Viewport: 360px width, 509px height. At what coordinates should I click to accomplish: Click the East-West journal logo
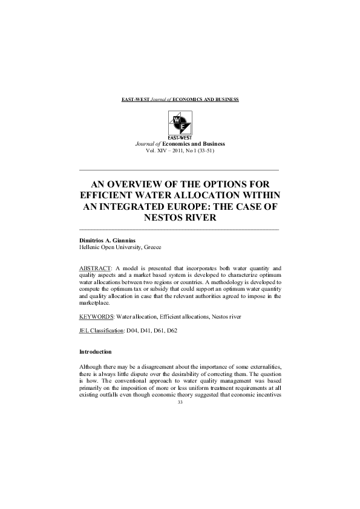pyautogui.click(x=179, y=124)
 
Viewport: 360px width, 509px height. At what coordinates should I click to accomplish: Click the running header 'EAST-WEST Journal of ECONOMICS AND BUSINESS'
pyautogui.click(x=179, y=98)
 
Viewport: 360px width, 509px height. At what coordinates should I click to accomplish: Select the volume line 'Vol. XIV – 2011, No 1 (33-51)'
pyautogui.click(x=179, y=150)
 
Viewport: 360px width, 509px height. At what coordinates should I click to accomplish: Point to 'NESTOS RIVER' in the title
pyautogui.click(x=179, y=218)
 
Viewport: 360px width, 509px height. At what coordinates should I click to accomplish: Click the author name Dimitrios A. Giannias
pyautogui.click(x=108, y=241)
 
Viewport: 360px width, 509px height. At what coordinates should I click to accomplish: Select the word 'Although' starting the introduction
pyautogui.click(x=92, y=368)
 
